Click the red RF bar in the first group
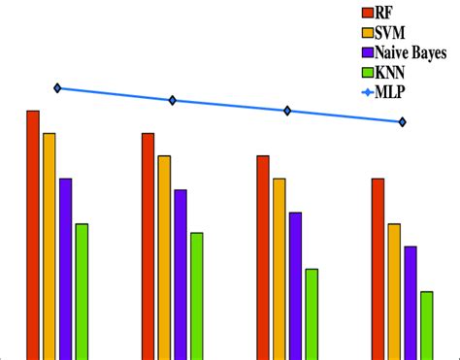33,234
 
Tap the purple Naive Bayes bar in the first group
66,268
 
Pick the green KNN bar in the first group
82,290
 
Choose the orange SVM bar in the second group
164,256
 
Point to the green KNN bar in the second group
197,295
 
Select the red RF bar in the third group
262,256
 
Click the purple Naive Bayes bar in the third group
295,285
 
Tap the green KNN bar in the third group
312,313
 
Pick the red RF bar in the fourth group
378,268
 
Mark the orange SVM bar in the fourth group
394,290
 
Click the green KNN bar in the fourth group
426,324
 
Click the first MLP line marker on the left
57,88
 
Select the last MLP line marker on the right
402,122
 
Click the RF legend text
387,13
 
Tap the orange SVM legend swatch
368,33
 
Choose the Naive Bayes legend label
411,52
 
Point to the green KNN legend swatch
368,73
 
